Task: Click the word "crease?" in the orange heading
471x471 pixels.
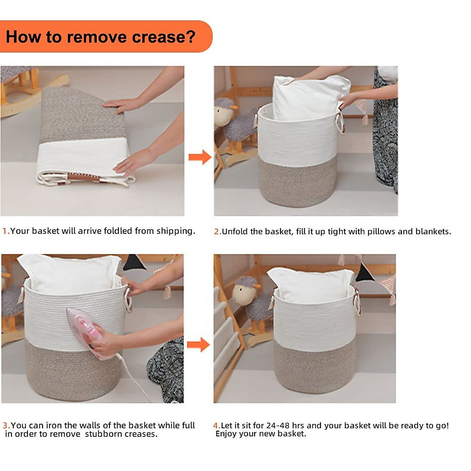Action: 164,37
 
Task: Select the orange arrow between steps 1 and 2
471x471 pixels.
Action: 200,157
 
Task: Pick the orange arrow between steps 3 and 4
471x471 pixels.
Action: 198,345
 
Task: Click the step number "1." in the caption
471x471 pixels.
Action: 6,231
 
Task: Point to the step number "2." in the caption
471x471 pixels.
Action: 217,232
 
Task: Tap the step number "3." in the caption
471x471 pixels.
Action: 6,425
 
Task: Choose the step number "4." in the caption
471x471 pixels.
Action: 217,425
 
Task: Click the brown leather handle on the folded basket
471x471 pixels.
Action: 83,177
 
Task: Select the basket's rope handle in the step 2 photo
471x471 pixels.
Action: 340,121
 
